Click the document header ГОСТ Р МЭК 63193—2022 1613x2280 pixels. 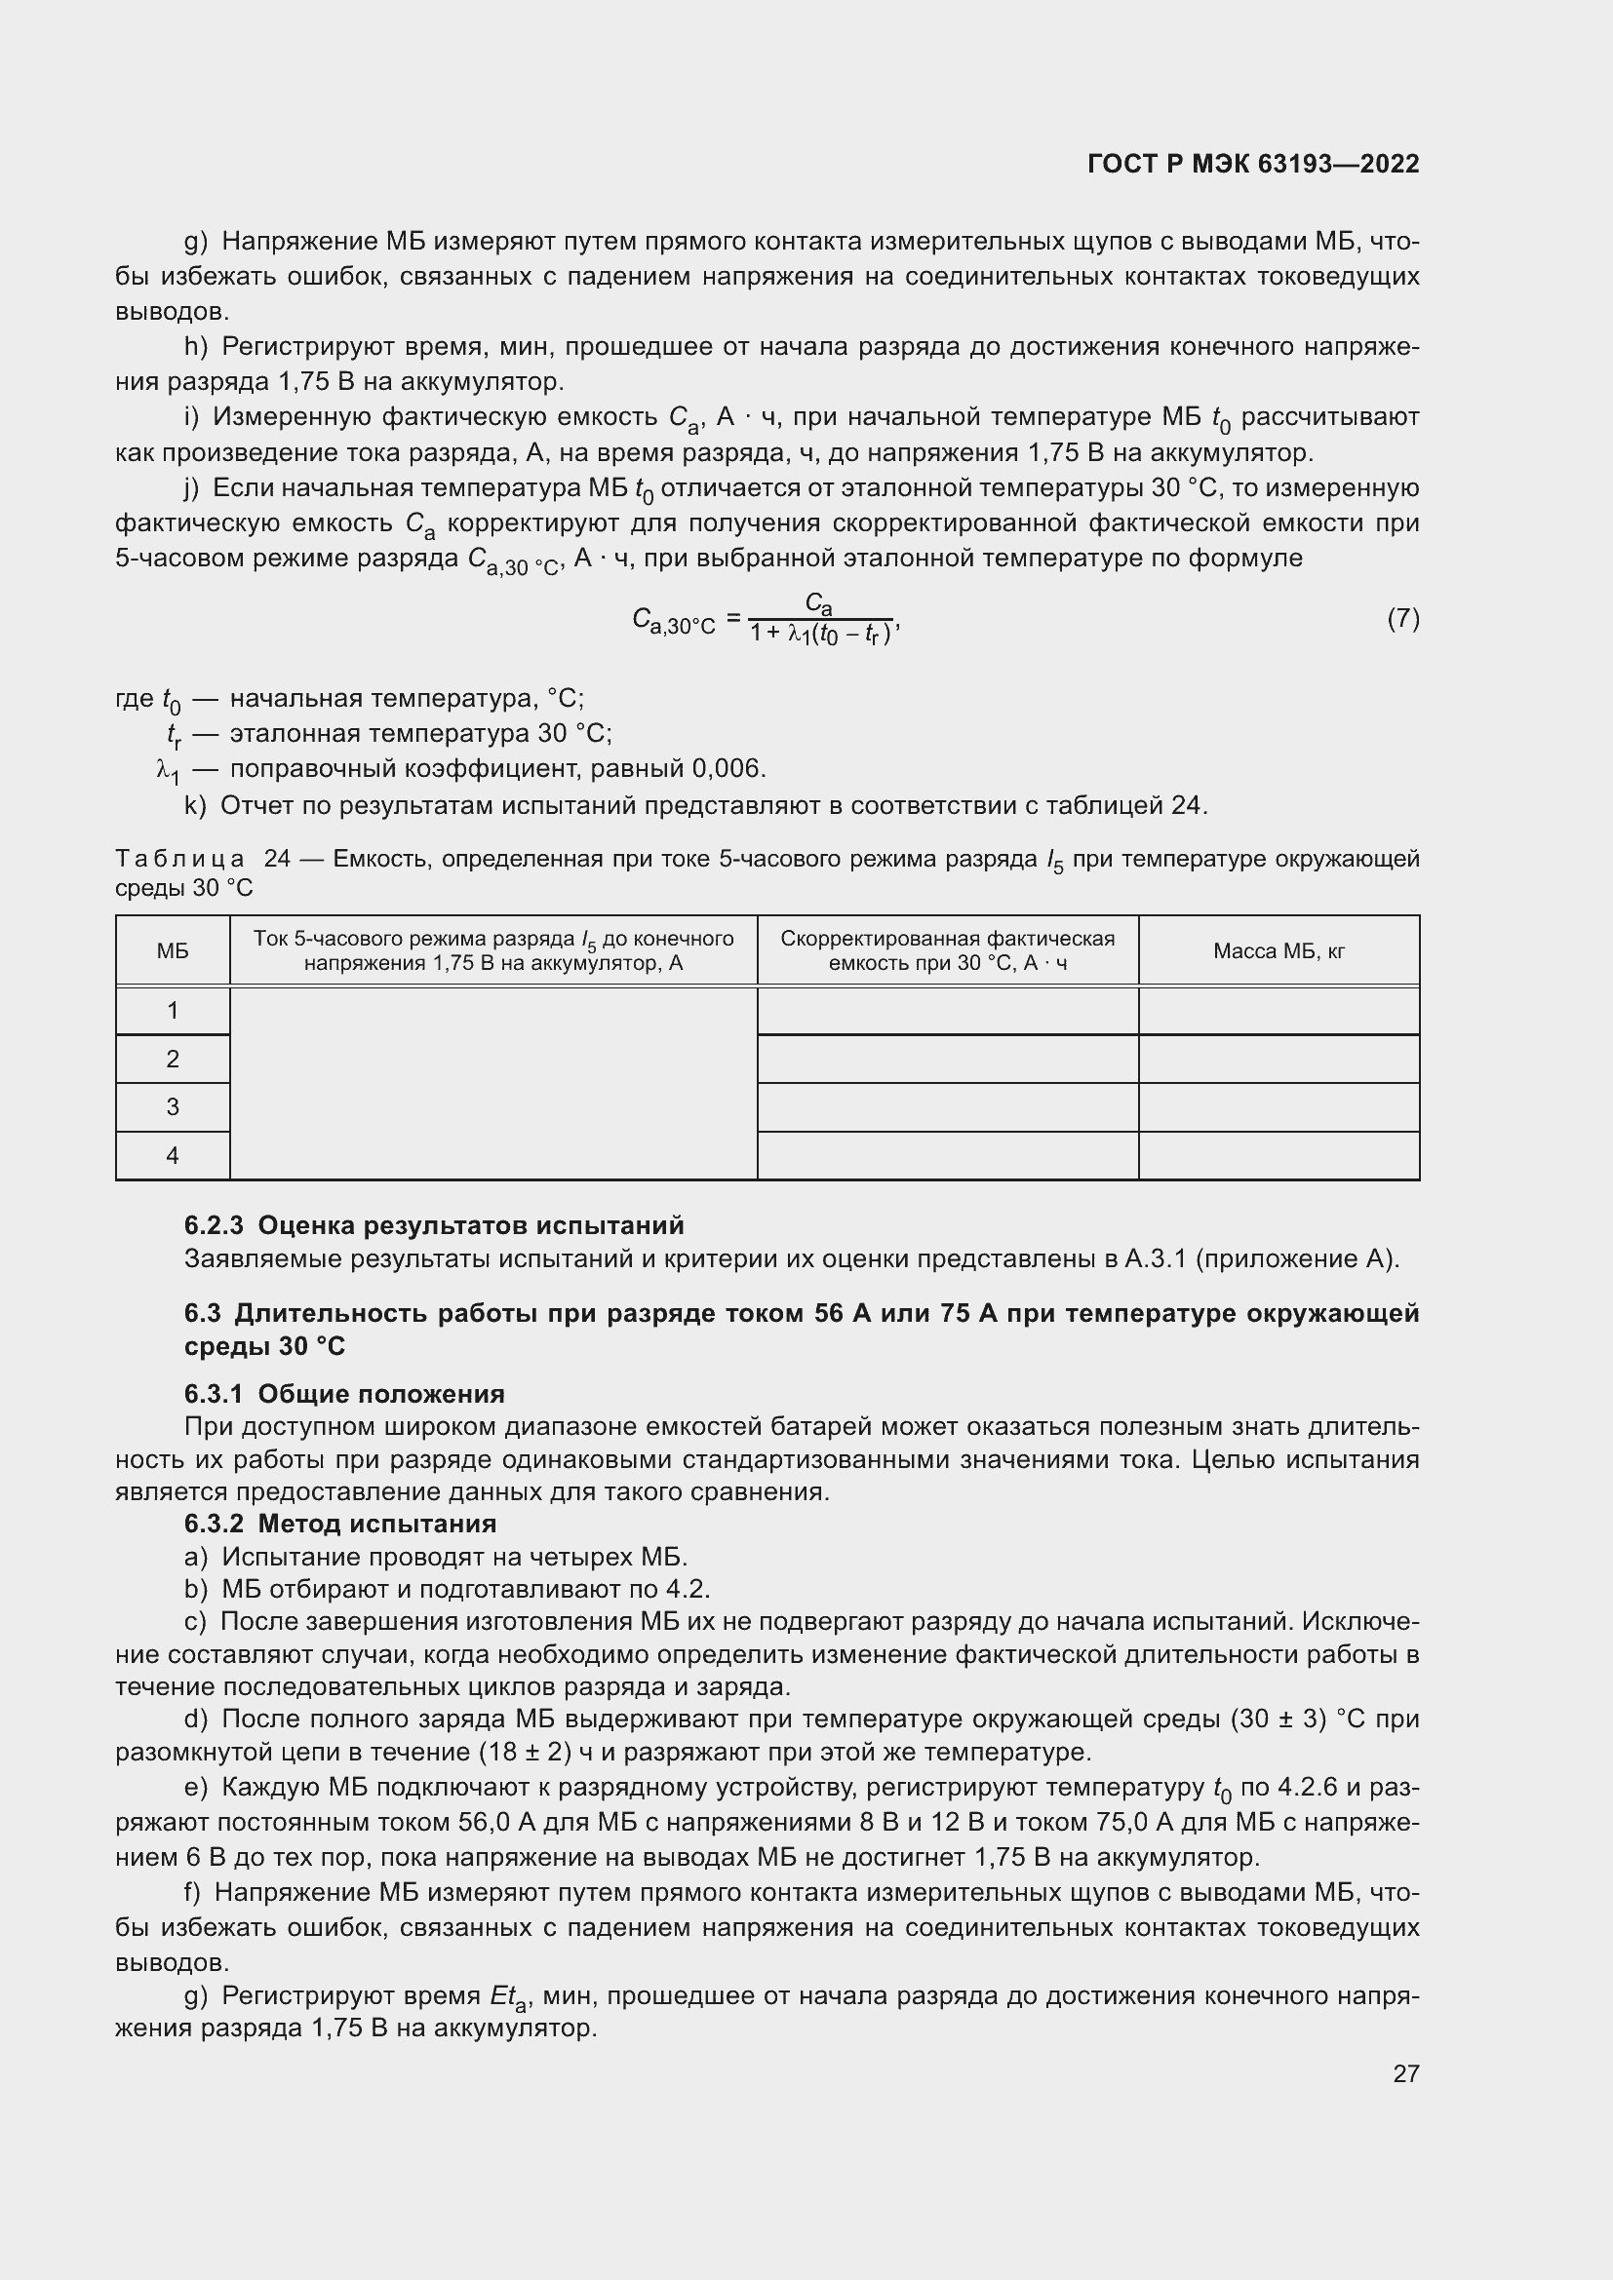(1252, 164)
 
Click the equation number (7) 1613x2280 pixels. (1402, 619)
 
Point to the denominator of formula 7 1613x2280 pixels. (822, 633)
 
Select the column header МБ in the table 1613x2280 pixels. (173, 951)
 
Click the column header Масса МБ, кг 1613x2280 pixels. (1279, 951)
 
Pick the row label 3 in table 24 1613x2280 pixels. (173, 1106)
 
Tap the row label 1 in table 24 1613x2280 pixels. (173, 1011)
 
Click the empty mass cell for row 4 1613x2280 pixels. (1279, 1156)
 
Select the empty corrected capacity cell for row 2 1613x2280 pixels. (948, 1059)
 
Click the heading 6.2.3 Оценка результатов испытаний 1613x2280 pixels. (434, 1225)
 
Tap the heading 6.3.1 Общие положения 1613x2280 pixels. (343, 1394)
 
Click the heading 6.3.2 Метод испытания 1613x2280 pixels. (339, 1524)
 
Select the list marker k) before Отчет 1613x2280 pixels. (195, 805)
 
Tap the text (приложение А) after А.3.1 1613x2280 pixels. (1296, 1259)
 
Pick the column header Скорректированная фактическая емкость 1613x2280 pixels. (948, 951)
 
